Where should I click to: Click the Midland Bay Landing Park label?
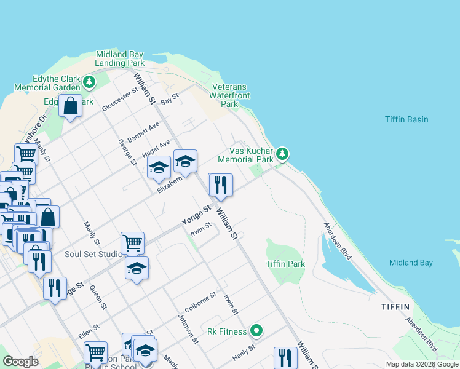click(x=120, y=58)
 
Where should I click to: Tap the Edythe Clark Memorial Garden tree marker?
click(x=89, y=81)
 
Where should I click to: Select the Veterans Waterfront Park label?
click(x=229, y=95)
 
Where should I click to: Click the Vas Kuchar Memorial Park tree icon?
click(x=282, y=153)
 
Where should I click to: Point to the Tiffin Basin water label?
click(x=406, y=119)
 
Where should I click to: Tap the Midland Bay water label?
click(x=411, y=263)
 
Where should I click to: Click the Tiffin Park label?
click(x=285, y=264)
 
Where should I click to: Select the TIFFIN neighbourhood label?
click(x=395, y=306)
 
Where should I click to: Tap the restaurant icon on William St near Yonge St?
click(x=220, y=184)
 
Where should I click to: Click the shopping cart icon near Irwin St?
click(x=132, y=243)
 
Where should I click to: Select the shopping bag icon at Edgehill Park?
click(x=71, y=106)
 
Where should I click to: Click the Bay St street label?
click(x=169, y=98)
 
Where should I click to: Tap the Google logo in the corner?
click(x=21, y=362)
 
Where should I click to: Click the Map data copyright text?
click(x=421, y=364)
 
